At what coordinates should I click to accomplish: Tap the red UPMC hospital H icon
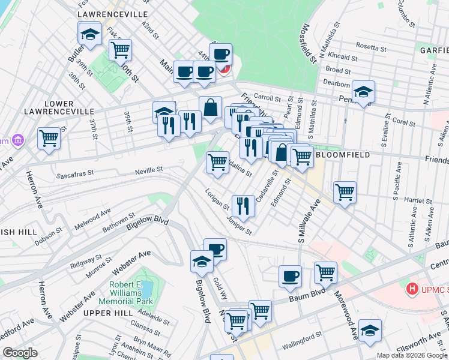pyautogui.click(x=412, y=289)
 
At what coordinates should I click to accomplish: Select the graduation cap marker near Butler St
pyautogui.click(x=90, y=34)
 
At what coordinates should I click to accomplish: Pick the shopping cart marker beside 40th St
pyautogui.click(x=121, y=50)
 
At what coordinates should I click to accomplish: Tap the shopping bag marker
pyautogui.click(x=210, y=108)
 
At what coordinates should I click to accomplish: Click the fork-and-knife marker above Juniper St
pyautogui.click(x=243, y=206)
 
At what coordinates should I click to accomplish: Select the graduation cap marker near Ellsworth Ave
pyautogui.click(x=370, y=330)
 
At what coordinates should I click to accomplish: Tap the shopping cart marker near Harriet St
pyautogui.click(x=345, y=193)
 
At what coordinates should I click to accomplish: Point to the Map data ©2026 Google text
pyautogui.click(x=411, y=355)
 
